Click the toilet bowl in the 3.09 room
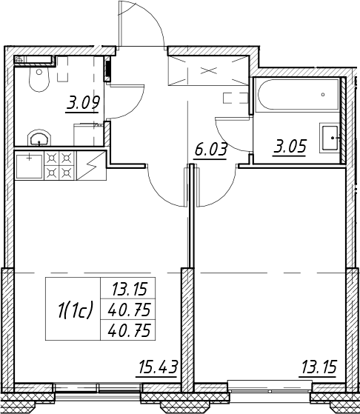pos(39,79)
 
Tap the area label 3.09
pos(82,103)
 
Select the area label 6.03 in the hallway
pos(210,150)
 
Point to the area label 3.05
pos(290,147)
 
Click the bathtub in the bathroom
pos(299,95)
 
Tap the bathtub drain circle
pos(323,95)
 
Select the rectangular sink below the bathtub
pos(330,138)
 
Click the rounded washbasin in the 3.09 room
pos(39,138)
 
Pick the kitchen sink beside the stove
pos(30,166)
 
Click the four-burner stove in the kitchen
pos(60,166)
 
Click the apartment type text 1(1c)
pos(76,310)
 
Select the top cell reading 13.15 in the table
pos(129,289)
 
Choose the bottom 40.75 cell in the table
pos(129,330)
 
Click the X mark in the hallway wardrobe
pos(209,70)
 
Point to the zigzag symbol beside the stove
pos(91,166)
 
